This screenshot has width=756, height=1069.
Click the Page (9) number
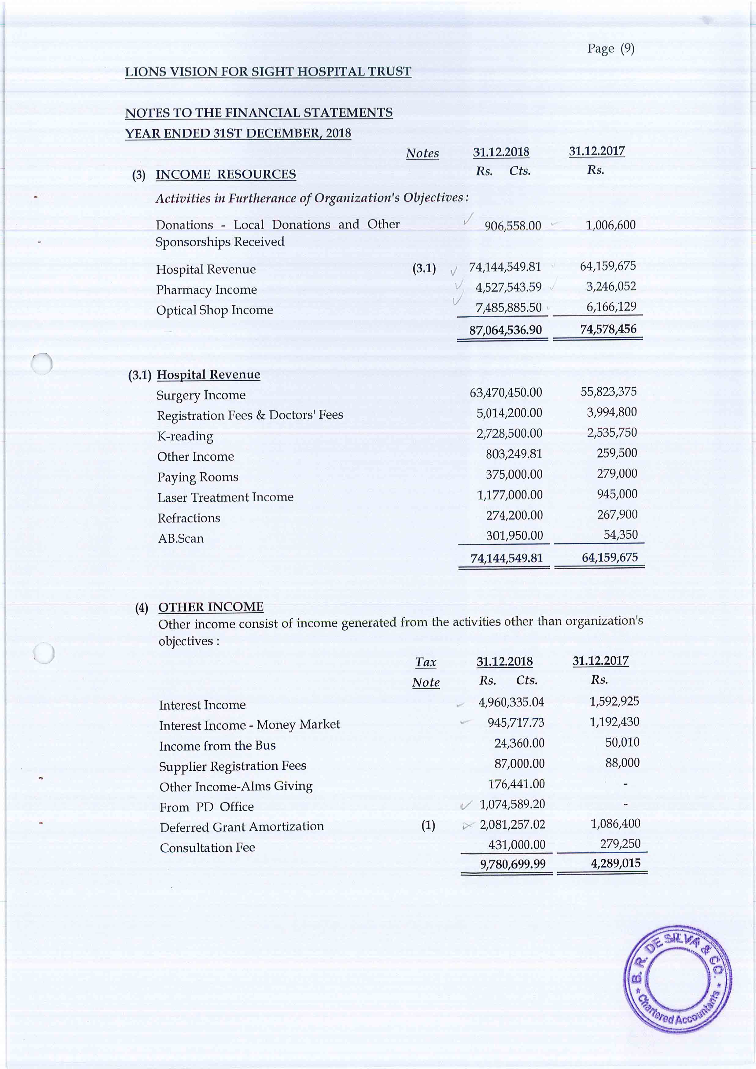(610, 48)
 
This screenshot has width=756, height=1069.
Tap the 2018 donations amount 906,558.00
(513, 226)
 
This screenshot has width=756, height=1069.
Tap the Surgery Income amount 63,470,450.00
(506, 393)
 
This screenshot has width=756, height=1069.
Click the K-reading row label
(185, 436)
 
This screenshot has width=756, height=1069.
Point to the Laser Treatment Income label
(225, 497)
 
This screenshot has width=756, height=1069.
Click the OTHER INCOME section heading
(211, 607)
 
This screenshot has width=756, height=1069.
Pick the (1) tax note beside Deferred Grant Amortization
(428, 825)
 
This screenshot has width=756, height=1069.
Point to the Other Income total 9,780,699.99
(513, 864)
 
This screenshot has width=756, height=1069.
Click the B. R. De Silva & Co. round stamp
(677, 979)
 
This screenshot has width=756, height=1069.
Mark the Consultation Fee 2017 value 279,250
(620, 844)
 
